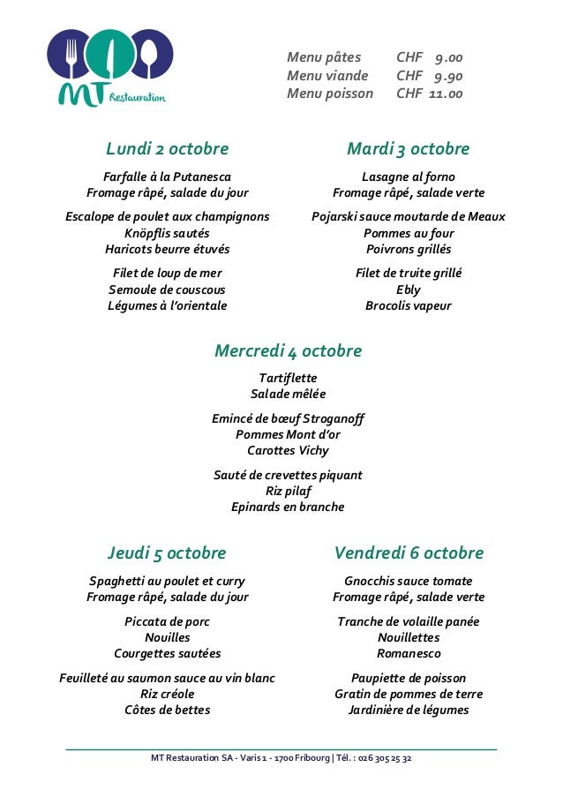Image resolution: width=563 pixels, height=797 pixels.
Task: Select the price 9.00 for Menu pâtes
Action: [448, 58]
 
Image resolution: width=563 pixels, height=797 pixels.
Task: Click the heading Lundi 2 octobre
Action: [167, 148]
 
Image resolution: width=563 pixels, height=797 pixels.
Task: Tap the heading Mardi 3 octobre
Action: [408, 148]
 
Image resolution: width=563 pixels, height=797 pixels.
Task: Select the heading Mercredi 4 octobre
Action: [288, 351]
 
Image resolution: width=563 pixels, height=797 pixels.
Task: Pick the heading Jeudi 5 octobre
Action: [167, 553]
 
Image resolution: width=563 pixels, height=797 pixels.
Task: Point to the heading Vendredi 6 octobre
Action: [409, 553]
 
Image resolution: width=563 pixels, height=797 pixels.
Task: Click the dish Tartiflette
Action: [288, 379]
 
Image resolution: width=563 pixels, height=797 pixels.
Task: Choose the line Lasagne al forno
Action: [409, 177]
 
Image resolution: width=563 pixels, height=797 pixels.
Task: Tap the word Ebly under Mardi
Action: [409, 289]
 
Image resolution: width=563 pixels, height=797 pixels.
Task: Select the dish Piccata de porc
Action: [168, 621]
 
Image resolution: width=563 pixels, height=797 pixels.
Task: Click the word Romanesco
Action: [409, 654]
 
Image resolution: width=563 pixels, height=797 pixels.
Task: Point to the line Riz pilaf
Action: [288, 491]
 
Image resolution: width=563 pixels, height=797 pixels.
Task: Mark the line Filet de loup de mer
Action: [168, 273]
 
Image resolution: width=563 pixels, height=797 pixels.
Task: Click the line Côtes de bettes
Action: [168, 710]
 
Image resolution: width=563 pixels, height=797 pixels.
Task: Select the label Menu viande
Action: [327, 76]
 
